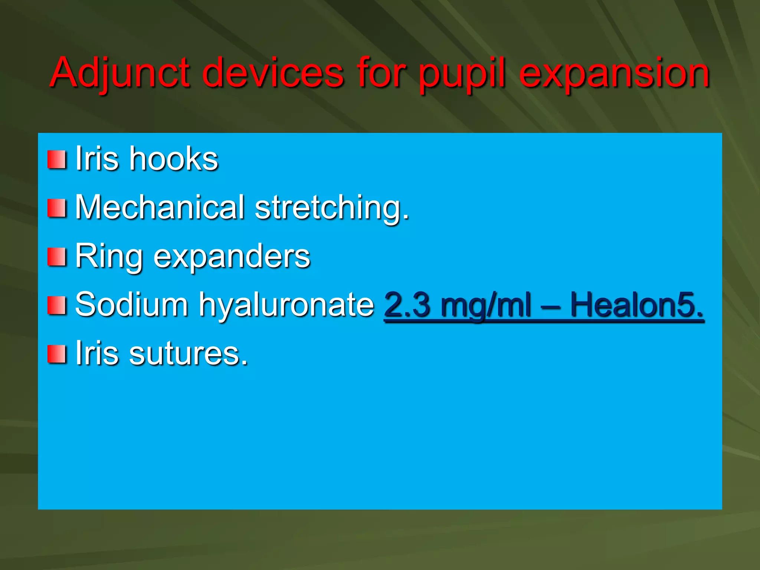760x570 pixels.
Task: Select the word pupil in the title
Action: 462,73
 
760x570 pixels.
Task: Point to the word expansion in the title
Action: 614,73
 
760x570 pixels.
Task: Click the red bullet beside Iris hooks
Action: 57,160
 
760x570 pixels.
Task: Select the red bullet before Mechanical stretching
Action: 57,208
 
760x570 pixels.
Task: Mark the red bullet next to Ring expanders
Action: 57,257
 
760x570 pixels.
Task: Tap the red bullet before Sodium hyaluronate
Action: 57,305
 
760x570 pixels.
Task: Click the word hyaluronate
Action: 286,305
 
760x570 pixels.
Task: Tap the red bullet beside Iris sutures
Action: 57,354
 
